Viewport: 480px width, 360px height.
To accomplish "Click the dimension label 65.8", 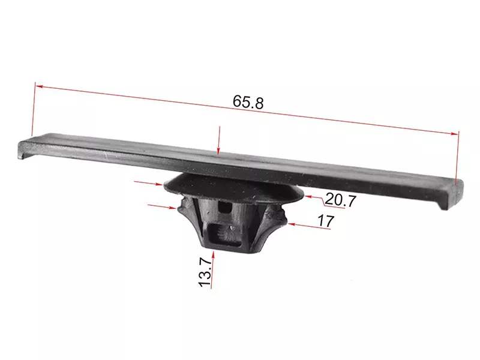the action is pyautogui.click(x=248, y=102).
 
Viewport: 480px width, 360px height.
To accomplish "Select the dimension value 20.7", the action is pyautogui.click(x=340, y=200).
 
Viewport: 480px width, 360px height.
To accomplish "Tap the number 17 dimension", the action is pyautogui.click(x=326, y=221).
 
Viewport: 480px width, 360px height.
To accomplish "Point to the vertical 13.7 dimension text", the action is pyautogui.click(x=205, y=272).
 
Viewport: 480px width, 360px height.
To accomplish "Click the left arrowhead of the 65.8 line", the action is pyautogui.click(x=39, y=86).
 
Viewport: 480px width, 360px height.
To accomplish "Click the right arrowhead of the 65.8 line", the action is pyautogui.click(x=455, y=133).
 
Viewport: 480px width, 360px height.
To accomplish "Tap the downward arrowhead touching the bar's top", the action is pyautogui.click(x=218, y=151).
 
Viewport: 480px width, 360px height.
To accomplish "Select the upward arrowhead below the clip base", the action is pyautogui.click(x=213, y=254).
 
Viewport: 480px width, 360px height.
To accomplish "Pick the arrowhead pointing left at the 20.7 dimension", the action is pyautogui.click(x=308, y=197).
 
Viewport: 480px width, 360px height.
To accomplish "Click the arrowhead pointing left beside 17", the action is pyautogui.click(x=292, y=224).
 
